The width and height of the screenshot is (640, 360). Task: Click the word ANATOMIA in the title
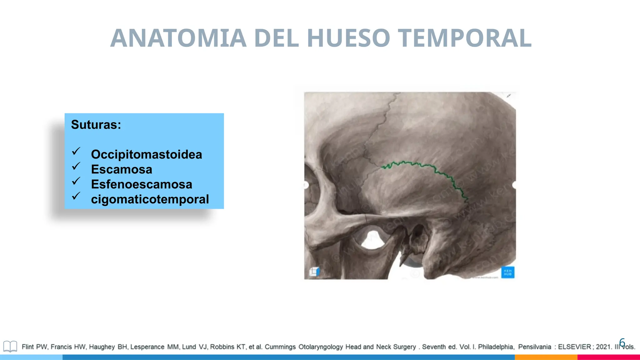(178, 38)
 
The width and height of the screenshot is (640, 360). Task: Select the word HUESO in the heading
(349, 38)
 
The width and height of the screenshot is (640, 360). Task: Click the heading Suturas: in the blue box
(96, 125)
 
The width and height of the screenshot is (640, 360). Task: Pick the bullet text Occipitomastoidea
(146, 154)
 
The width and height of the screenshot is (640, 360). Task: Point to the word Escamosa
(122, 169)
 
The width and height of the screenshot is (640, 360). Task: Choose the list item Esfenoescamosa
(141, 184)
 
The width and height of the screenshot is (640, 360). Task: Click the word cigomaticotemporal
(150, 199)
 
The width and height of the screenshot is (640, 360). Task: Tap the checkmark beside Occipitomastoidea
(76, 151)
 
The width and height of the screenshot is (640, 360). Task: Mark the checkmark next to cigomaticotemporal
(76, 196)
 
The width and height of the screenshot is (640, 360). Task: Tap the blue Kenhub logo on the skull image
(507, 272)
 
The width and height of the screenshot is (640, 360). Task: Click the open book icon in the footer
(10, 347)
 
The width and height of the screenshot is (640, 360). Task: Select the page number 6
(622, 342)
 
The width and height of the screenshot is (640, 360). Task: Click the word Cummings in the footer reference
(280, 347)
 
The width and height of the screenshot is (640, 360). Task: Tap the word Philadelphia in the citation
(496, 347)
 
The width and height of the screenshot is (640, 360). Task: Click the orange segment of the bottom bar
(546, 357)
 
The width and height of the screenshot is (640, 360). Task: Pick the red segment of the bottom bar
(608, 357)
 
